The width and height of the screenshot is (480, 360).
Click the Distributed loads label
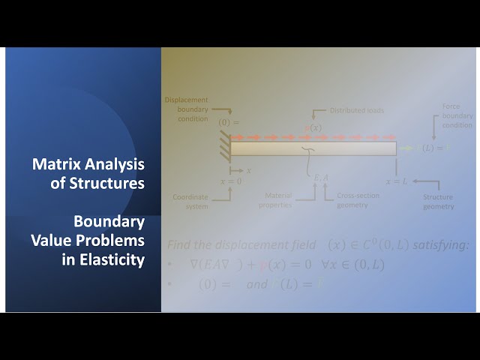pyautogui.click(x=357, y=110)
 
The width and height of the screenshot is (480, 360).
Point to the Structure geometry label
pyautogui.click(x=438, y=202)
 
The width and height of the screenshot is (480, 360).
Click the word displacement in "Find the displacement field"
pyautogui.click(x=264, y=244)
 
